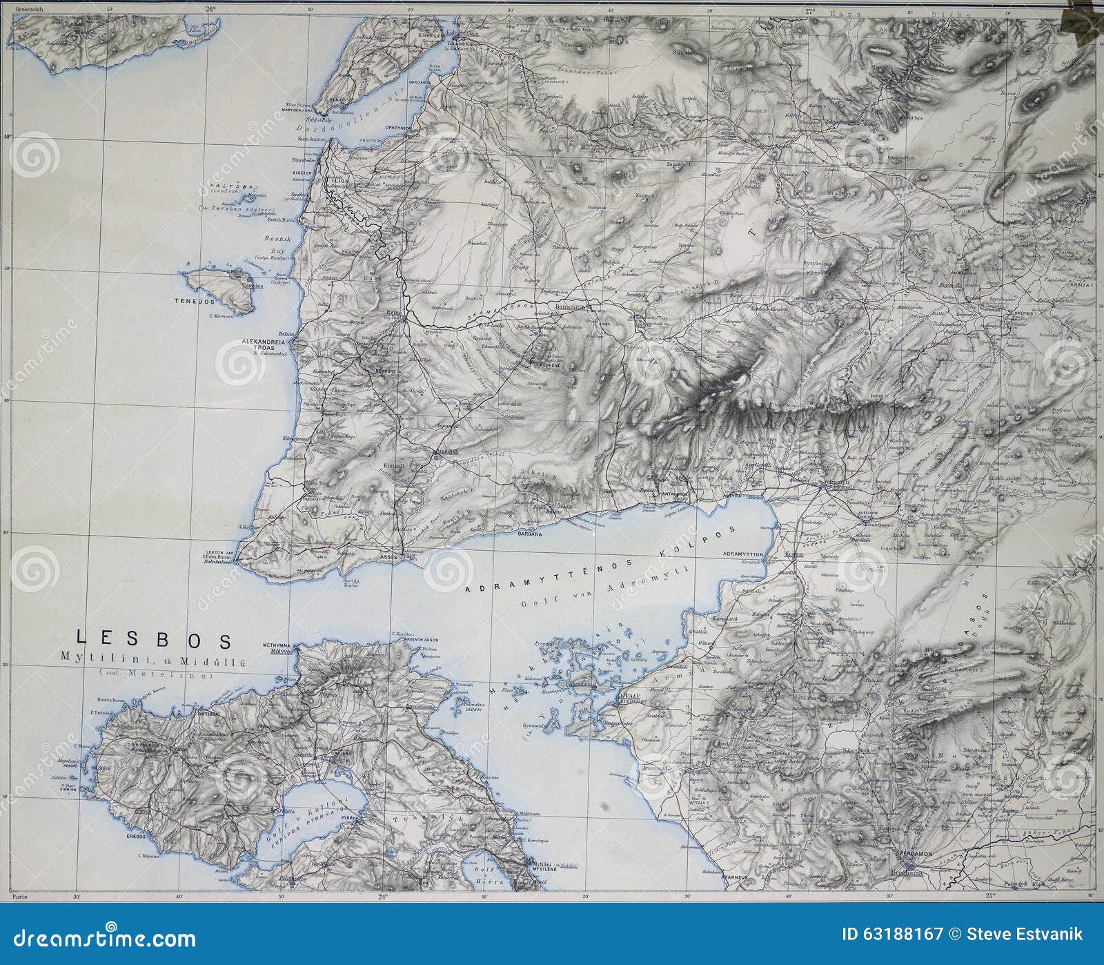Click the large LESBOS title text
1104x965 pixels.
tap(153, 639)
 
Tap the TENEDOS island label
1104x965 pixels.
tap(195, 302)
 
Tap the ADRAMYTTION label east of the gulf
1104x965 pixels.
tap(743, 554)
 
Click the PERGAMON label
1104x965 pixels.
tap(916, 854)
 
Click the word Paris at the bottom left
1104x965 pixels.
tap(19, 895)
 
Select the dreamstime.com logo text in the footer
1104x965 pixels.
tap(99, 939)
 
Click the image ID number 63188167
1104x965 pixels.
tap(903, 935)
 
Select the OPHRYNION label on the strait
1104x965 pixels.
tap(398, 128)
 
